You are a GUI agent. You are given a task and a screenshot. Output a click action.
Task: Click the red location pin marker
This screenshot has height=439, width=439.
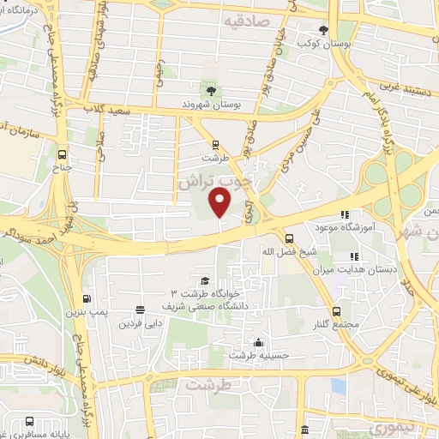[220, 203]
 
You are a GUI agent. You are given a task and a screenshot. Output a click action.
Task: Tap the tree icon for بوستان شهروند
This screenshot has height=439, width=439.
[208, 88]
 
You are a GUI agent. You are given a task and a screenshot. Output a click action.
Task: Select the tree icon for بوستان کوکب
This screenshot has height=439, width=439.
[323, 28]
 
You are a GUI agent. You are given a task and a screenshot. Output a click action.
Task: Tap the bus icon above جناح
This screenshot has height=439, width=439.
[61, 155]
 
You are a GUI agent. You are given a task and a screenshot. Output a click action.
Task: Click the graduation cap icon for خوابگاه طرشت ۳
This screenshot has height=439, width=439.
[204, 280]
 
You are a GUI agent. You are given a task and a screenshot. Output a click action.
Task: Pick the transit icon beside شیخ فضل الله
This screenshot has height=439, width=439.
[289, 238]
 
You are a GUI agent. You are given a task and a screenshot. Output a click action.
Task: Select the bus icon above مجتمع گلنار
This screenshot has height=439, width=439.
[335, 312]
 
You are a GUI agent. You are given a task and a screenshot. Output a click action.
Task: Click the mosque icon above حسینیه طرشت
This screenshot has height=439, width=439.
[257, 340]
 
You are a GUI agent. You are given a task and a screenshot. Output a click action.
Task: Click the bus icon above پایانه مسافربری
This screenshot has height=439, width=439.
[30, 422]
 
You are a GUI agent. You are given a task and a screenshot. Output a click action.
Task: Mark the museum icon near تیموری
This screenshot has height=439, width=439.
[304, 430]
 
